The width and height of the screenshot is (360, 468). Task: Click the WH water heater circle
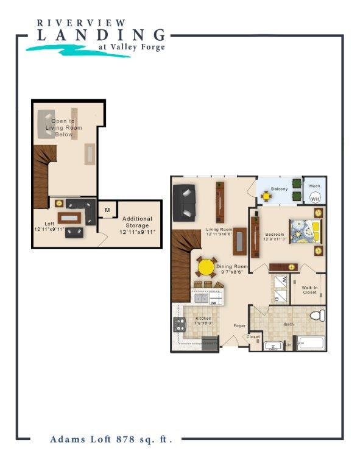[315, 198]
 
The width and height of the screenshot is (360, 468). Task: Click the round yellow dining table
[206, 267]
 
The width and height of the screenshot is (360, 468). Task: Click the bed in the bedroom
[304, 231]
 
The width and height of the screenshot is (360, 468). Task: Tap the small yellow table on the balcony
[266, 196]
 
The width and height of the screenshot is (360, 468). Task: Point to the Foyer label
[239, 325]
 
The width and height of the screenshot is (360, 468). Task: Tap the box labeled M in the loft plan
[107, 210]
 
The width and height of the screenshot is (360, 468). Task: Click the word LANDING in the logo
[101, 35]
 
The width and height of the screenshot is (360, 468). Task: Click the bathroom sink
[272, 347]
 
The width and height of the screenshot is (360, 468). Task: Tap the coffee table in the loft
[70, 218]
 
